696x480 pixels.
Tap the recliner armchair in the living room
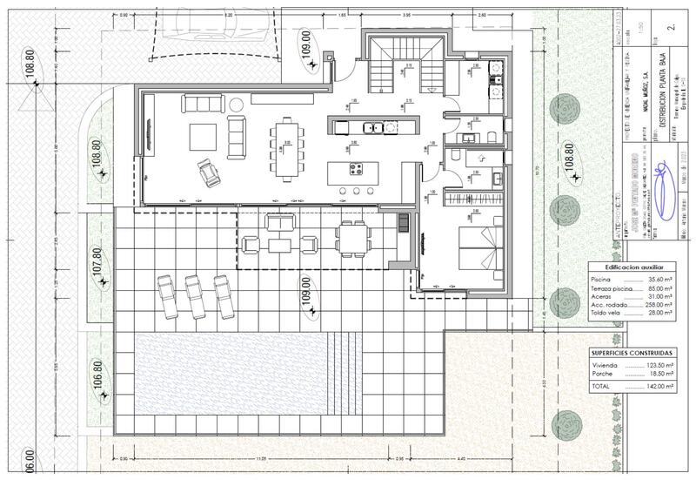point(209,173)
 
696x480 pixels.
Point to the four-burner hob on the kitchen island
point(355,169)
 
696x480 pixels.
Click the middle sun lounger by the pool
point(197,296)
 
